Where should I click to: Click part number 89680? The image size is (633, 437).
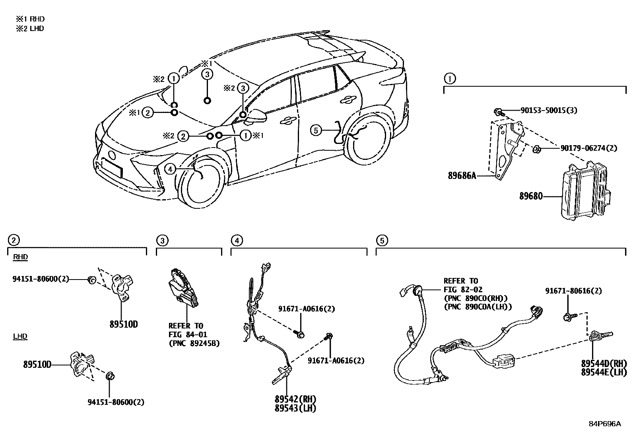pos(531,196)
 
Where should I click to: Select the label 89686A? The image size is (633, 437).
pos(462,175)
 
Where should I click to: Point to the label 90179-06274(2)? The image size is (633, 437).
pos(588,148)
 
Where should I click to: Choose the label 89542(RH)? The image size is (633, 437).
pos(293,399)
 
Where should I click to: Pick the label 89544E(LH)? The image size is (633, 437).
pos(604,373)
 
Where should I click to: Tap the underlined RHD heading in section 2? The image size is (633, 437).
pos(20,257)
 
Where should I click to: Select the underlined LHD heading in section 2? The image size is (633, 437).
pos(20,337)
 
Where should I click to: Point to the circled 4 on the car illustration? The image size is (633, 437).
pos(170,169)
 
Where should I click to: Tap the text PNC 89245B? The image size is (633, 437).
pos(194,343)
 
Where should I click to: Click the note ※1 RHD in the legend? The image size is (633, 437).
pos(30,19)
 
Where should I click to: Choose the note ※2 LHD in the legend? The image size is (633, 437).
pos(30,29)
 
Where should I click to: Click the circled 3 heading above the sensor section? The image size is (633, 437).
pos(162,240)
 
